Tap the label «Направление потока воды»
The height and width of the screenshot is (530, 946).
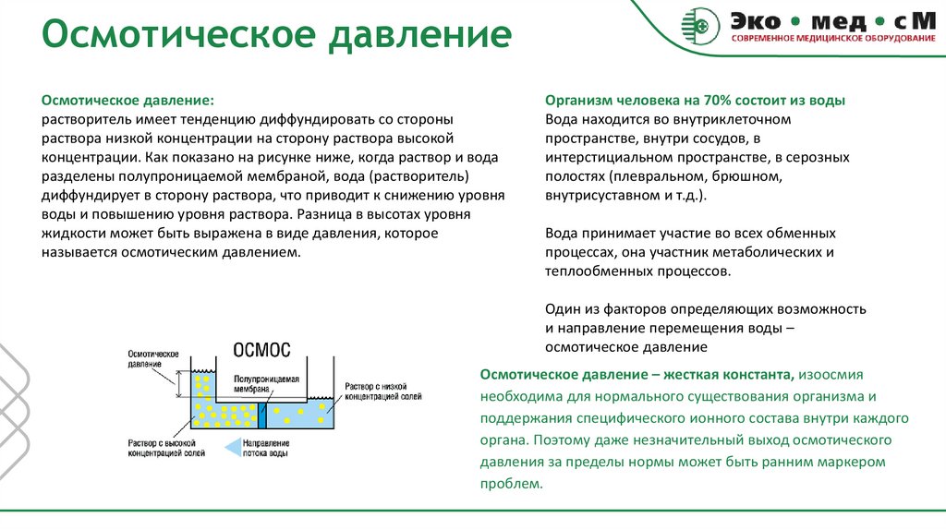tap(266, 448)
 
